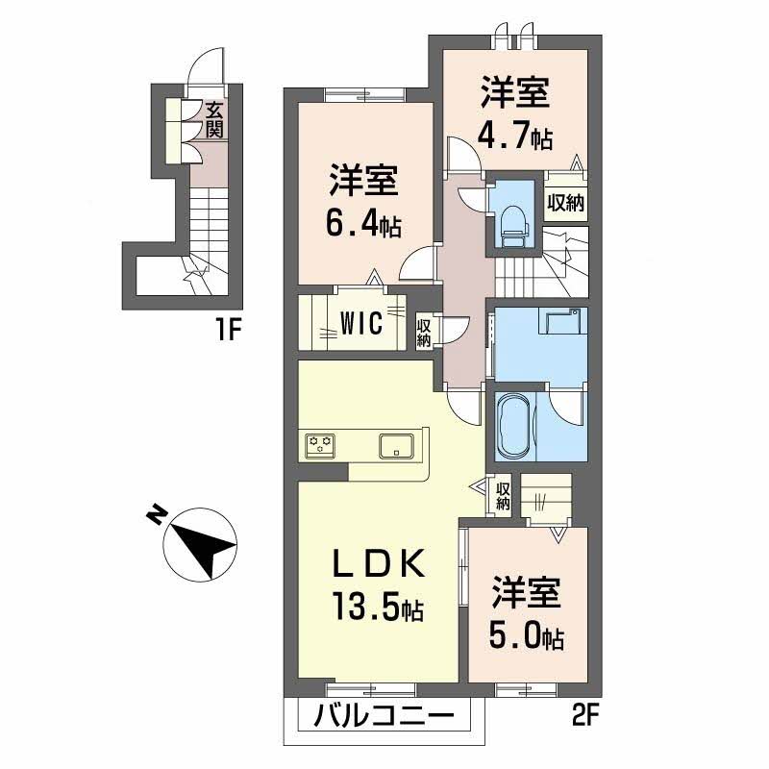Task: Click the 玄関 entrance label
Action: [x=214, y=119]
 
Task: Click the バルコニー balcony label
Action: [x=383, y=717]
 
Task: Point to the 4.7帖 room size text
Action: [x=515, y=136]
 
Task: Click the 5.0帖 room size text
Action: [x=527, y=635]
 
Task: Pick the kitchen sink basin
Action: [x=396, y=446]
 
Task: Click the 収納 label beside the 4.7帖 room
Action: [x=565, y=202]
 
